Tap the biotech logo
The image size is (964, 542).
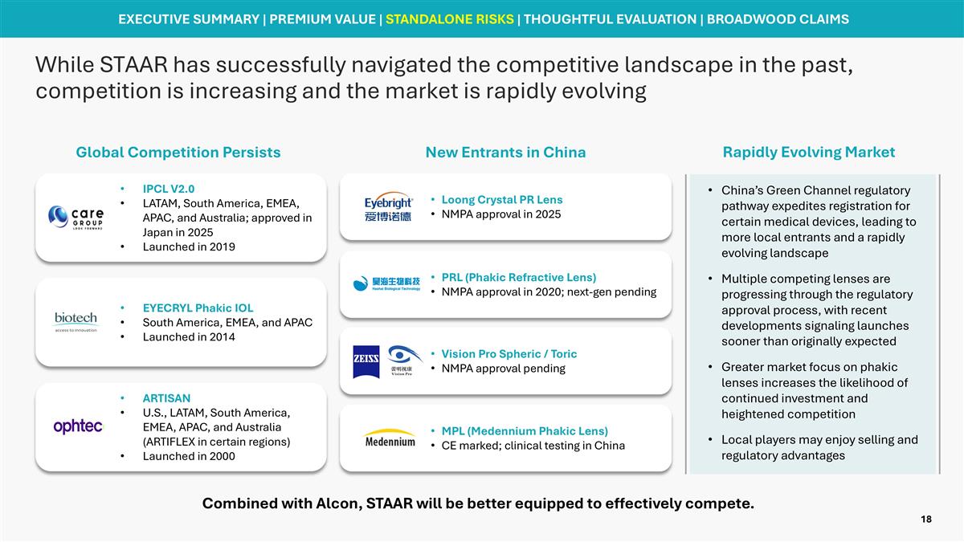pos(76,321)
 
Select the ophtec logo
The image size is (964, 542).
pos(78,427)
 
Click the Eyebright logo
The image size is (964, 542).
pos(388,207)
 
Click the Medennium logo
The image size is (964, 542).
pos(390,438)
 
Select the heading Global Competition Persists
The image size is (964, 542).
pos(178,152)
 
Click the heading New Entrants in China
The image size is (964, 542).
pos(505,152)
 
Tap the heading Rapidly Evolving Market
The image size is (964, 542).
pos(808,152)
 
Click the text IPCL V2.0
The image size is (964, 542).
pos(168,189)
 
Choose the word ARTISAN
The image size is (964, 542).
pos(166,398)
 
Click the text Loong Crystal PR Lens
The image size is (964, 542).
pos(501,199)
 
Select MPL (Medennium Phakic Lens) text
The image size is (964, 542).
pos(524,431)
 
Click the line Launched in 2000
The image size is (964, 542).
pos(189,456)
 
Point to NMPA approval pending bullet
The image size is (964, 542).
pos(503,369)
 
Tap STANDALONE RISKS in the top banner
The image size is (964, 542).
pos(449,18)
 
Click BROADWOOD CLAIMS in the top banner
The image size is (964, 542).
pos(777,18)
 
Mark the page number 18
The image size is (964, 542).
pos(925,520)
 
